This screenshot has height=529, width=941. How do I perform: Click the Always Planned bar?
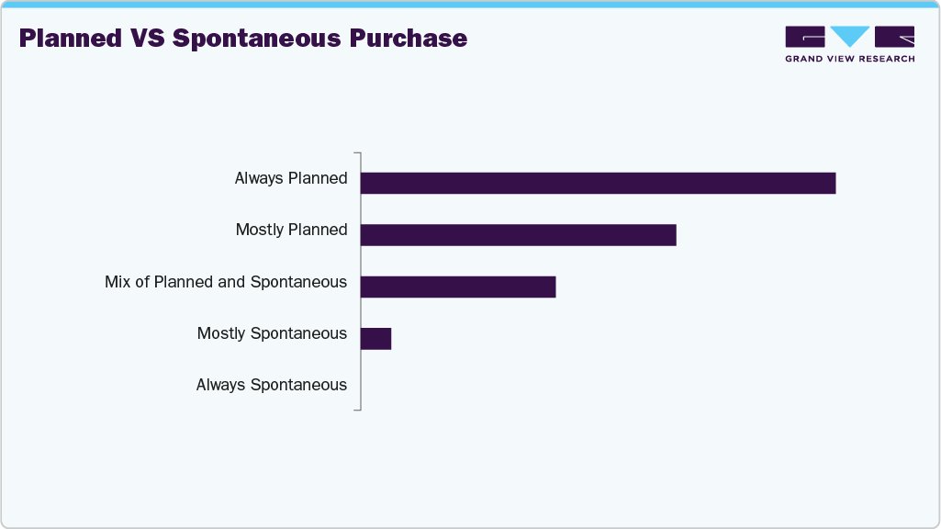pyautogui.click(x=598, y=183)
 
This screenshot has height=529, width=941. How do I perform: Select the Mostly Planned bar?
pyautogui.click(x=518, y=234)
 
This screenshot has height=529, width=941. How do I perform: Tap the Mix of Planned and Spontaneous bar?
pyautogui.click(x=458, y=287)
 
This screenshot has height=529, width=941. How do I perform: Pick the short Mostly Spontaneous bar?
pyautogui.click(x=376, y=338)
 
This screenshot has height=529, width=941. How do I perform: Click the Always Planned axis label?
pyautogui.click(x=291, y=178)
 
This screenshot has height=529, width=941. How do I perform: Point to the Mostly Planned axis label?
pyautogui.click(x=292, y=230)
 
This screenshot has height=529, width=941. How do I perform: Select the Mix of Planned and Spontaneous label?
pyautogui.click(x=226, y=282)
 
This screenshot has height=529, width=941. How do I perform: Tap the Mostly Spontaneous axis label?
pyautogui.click(x=272, y=333)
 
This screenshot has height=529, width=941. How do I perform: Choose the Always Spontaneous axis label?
pyautogui.click(x=272, y=385)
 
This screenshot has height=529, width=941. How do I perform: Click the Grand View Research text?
pyautogui.click(x=849, y=59)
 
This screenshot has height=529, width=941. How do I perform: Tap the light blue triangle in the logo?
pyautogui.click(x=849, y=36)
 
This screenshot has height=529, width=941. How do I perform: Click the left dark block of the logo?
pyautogui.click(x=805, y=37)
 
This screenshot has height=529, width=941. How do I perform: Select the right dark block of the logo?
pyautogui.click(x=894, y=37)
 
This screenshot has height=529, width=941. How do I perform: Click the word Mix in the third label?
pyautogui.click(x=118, y=282)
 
